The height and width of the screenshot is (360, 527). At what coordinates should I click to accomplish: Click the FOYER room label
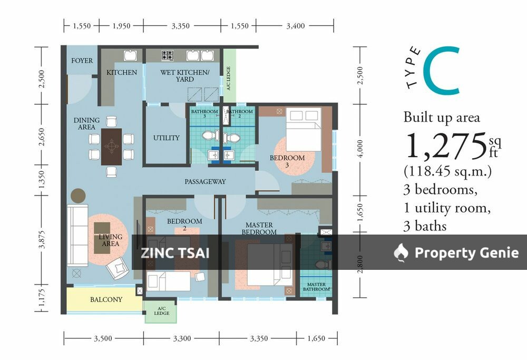coord(82,61)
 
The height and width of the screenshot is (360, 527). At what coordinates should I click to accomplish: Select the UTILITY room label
coord(167,138)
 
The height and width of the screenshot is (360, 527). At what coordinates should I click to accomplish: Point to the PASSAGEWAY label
coord(205,182)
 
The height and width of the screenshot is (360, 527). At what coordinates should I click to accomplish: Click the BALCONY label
coord(106,299)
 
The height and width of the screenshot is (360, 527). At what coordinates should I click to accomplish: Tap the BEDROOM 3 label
coord(287,161)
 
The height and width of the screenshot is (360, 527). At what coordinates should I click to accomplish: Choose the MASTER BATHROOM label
coord(316,286)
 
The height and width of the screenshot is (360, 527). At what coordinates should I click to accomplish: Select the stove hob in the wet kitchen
coord(168,55)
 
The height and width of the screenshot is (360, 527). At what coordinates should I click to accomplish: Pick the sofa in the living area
coord(77,236)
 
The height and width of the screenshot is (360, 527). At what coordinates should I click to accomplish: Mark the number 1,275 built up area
coord(445,147)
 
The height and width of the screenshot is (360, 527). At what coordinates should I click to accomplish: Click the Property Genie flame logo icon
coord(401,253)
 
